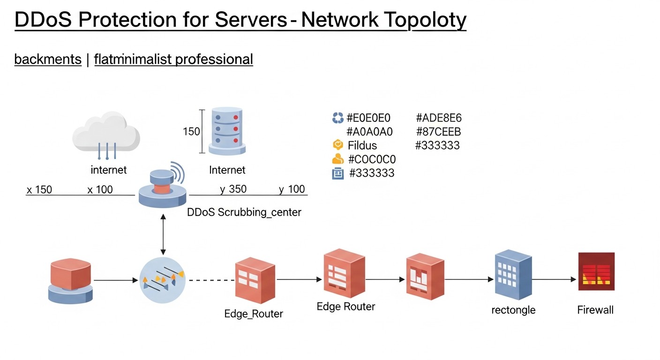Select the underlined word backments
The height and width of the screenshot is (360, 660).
click(48, 60)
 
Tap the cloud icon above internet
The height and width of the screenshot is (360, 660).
click(106, 133)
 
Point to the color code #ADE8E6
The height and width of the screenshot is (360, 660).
click(439, 118)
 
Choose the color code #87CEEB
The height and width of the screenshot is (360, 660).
click(438, 132)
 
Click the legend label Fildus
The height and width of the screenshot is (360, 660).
click(362, 145)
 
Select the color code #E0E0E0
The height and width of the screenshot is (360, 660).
click(368, 118)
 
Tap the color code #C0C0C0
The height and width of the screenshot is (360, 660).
click(372, 159)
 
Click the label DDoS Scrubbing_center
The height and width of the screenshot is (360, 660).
click(244, 212)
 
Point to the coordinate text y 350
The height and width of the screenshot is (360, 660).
click(233, 189)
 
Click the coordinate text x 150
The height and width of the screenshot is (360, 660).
click(39, 190)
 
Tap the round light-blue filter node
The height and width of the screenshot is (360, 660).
click(163, 280)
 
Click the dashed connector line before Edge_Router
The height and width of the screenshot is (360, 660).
click(210, 280)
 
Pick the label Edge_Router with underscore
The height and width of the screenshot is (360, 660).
click(254, 314)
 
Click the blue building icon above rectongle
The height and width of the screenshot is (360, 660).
click(513, 275)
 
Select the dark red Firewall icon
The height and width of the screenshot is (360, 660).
click(596, 271)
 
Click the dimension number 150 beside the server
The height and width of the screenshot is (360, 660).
click(191, 132)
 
